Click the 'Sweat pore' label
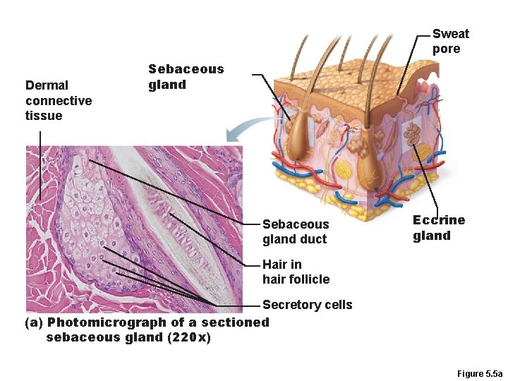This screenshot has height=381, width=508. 450,41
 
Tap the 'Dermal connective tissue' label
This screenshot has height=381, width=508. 58,100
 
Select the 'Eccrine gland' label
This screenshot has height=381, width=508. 439,227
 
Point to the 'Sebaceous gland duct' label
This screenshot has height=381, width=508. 295,231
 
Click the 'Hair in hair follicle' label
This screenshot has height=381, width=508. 296,272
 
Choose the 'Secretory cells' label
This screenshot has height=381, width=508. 307,305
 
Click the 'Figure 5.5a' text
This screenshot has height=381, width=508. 479,373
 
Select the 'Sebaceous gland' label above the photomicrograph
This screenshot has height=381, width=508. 186,77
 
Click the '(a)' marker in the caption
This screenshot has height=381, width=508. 34,322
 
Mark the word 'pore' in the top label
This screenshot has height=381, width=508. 446,49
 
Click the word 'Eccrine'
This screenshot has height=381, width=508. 439,220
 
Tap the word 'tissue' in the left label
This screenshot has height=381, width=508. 44,116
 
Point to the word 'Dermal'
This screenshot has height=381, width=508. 47,85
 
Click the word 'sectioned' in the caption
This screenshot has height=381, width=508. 235,322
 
